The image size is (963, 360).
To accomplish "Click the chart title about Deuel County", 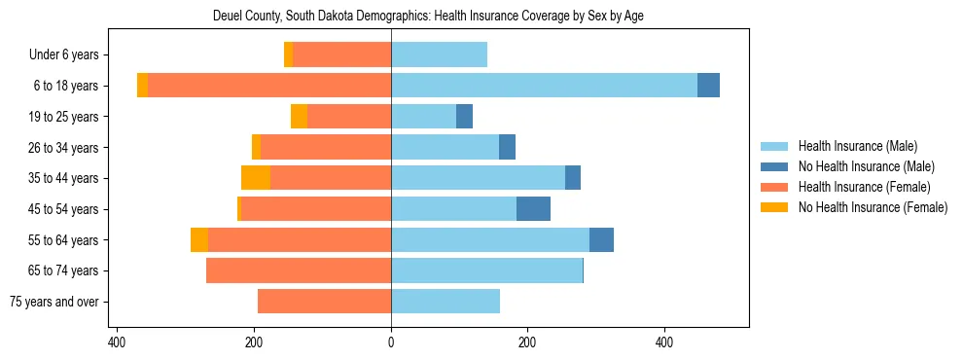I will tap(428, 16).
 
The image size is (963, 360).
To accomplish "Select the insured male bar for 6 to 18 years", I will tap(544, 86).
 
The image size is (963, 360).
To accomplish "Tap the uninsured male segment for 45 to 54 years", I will tap(533, 209).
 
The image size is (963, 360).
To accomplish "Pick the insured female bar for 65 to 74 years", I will tap(299, 270).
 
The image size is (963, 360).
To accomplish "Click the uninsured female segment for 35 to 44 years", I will tap(256, 178).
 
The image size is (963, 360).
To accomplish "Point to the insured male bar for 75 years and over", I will tap(446, 302).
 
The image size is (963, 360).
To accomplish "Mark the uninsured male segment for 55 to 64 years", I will tap(601, 240).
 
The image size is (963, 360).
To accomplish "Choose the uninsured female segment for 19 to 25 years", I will tap(299, 117).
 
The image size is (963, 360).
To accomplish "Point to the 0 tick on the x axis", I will tap(391, 342).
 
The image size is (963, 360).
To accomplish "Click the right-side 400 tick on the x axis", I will tap(664, 342).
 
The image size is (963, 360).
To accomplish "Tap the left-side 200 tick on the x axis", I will tap(254, 342).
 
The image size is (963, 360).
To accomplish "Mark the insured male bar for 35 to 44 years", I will tap(478, 178).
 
